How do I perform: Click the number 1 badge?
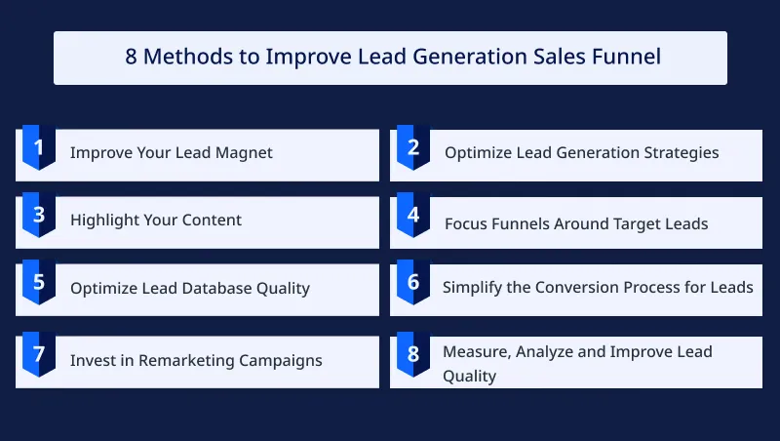pos(39,148)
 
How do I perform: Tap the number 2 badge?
pos(413,148)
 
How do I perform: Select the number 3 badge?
pos(39,216)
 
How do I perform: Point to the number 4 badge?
pos(413,216)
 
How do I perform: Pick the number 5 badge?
pos(39,283)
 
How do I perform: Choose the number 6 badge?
pos(413,283)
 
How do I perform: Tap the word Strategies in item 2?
pos(680,152)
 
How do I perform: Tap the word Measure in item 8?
pos(476,351)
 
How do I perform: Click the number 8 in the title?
pos(132,57)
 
